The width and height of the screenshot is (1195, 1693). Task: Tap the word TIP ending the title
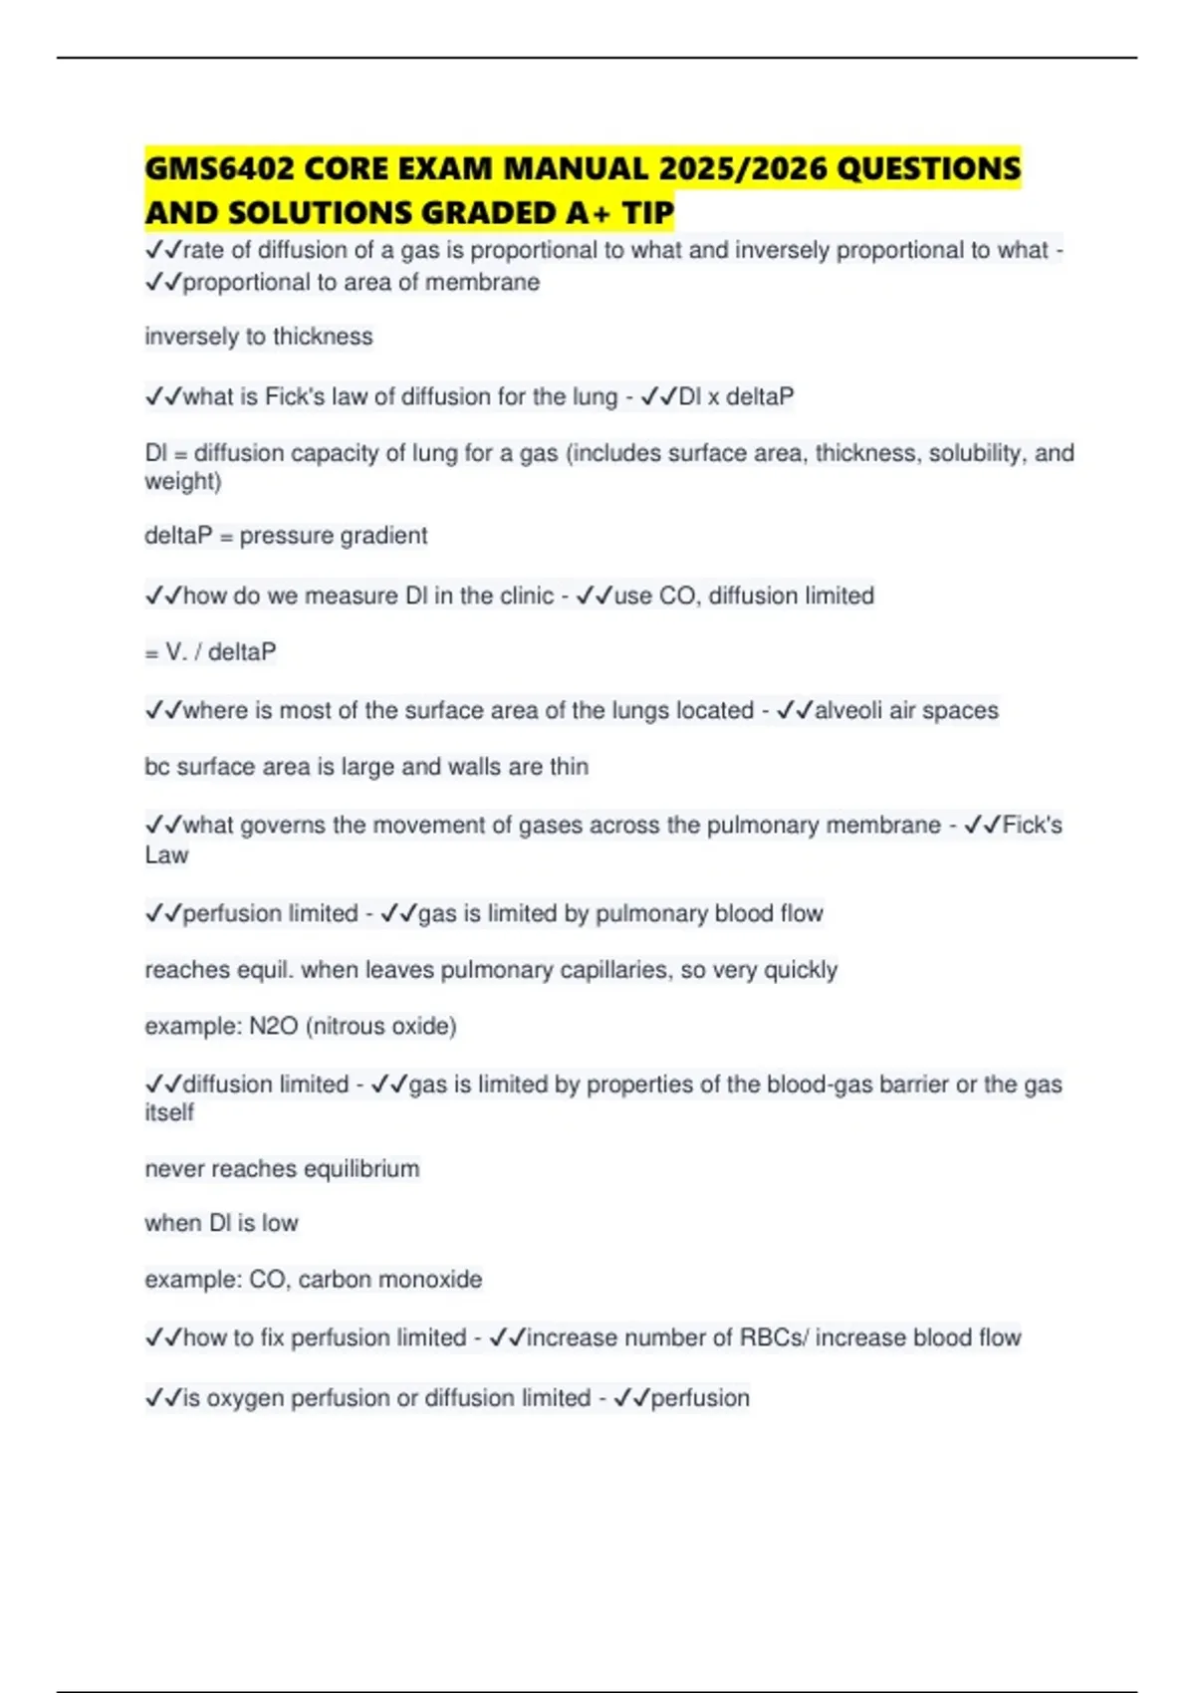click(x=648, y=213)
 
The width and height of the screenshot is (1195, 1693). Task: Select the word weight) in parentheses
click(x=183, y=482)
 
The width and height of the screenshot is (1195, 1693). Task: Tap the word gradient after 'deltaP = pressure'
click(x=383, y=536)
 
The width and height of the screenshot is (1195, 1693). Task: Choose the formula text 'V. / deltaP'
click(x=220, y=652)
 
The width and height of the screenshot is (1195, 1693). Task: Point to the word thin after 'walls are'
click(x=569, y=767)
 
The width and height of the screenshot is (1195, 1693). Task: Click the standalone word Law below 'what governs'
click(x=166, y=855)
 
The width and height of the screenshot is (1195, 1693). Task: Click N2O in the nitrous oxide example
click(x=273, y=1027)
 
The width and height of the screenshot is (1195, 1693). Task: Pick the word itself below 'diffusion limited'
click(x=169, y=1112)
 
